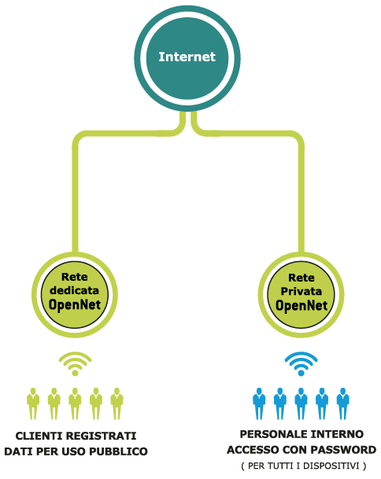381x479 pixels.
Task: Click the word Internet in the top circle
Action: click(187, 57)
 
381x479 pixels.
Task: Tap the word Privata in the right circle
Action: click(301, 290)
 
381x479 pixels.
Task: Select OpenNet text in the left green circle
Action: click(74, 304)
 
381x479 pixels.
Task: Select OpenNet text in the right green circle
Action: click(301, 304)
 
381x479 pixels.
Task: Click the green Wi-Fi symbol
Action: click(75, 364)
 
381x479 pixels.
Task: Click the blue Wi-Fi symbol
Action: click(301, 364)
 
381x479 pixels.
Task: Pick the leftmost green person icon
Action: click(33, 403)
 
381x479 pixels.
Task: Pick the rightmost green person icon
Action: click(117, 403)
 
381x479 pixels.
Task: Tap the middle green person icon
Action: click(75, 403)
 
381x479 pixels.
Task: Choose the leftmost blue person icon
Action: click(259, 403)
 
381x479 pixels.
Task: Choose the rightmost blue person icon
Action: click(342, 403)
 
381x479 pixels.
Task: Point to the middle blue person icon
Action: click(301, 403)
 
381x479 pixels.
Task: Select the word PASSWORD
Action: click(345, 450)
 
